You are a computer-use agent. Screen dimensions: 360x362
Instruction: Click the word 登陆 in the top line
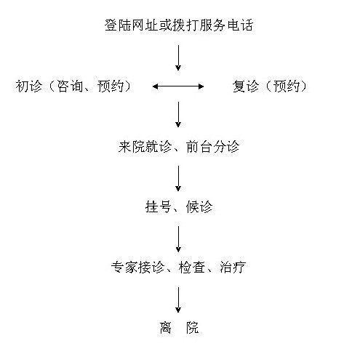118,25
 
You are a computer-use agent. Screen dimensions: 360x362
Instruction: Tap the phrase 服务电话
225,25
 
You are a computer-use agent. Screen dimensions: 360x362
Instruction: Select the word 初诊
29,86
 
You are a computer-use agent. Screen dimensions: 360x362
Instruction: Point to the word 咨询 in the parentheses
70,86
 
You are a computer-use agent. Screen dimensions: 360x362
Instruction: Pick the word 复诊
246,86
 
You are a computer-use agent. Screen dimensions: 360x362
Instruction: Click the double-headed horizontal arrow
178,87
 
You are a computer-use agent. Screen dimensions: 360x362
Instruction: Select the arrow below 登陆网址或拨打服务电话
178,57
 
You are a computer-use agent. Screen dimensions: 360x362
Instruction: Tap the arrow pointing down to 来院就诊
178,114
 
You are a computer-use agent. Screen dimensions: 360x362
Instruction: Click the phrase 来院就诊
145,147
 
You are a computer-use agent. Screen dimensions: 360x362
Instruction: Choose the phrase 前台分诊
212,147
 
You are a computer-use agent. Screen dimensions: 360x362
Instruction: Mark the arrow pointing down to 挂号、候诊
178,179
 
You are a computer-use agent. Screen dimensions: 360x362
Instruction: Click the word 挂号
159,207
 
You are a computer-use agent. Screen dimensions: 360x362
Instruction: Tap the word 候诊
199,207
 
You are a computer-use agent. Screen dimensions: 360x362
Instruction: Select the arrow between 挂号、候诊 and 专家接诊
178,239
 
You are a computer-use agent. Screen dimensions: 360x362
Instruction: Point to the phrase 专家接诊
137,268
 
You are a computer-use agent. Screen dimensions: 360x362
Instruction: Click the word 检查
192,268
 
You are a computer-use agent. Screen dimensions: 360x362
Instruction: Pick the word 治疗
233,268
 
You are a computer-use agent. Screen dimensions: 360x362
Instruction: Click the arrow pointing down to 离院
178,299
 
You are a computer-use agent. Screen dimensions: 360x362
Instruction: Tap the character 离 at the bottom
165,328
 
